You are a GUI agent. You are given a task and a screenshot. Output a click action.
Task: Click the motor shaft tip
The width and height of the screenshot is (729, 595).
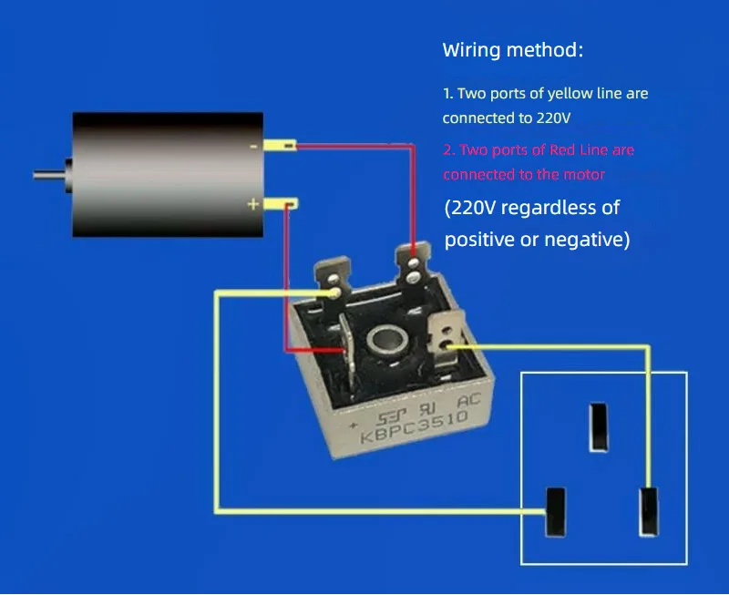pyautogui.click(x=34, y=175)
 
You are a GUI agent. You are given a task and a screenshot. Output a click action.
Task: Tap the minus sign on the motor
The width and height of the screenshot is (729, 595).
pyautogui.click(x=253, y=147)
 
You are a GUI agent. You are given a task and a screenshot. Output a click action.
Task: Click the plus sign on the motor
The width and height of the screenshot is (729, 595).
pyautogui.click(x=253, y=203)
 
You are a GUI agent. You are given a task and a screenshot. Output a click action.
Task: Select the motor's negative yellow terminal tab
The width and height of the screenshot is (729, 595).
pyautogui.click(x=280, y=146)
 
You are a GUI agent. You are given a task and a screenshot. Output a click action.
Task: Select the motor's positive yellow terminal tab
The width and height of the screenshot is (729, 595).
pyautogui.click(x=281, y=203)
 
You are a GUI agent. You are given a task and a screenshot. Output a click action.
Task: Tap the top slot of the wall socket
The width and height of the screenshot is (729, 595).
pyautogui.click(x=599, y=427)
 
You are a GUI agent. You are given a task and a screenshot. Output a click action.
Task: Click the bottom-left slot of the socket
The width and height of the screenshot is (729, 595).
pyautogui.click(x=556, y=511)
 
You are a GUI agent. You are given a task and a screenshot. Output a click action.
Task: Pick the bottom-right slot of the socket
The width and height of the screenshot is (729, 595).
pyautogui.click(x=649, y=511)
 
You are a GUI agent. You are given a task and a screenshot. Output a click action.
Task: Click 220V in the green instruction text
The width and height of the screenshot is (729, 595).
pyautogui.click(x=553, y=118)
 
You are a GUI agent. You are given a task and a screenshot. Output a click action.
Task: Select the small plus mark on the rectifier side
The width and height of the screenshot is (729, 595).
pyautogui.click(x=354, y=425)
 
